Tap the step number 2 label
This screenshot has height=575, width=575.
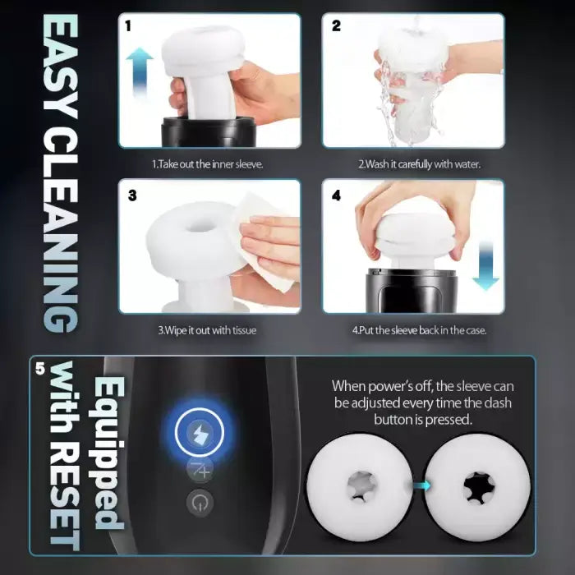coord(336,25)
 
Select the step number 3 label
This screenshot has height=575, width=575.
coord(132,196)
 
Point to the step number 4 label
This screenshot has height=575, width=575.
coord(337,196)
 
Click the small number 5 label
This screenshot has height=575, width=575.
coord(41,369)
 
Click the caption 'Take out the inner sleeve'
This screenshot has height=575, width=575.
coord(207,163)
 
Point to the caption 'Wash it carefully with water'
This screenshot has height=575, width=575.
coord(418,163)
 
